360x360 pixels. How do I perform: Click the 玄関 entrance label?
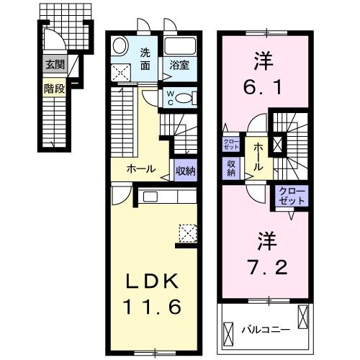click(54, 65)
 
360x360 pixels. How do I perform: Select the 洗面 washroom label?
click(145, 59)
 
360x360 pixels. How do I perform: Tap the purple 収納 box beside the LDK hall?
click(183, 170)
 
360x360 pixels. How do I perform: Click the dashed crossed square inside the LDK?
click(188, 233)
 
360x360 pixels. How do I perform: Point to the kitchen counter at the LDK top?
click(166, 197)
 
